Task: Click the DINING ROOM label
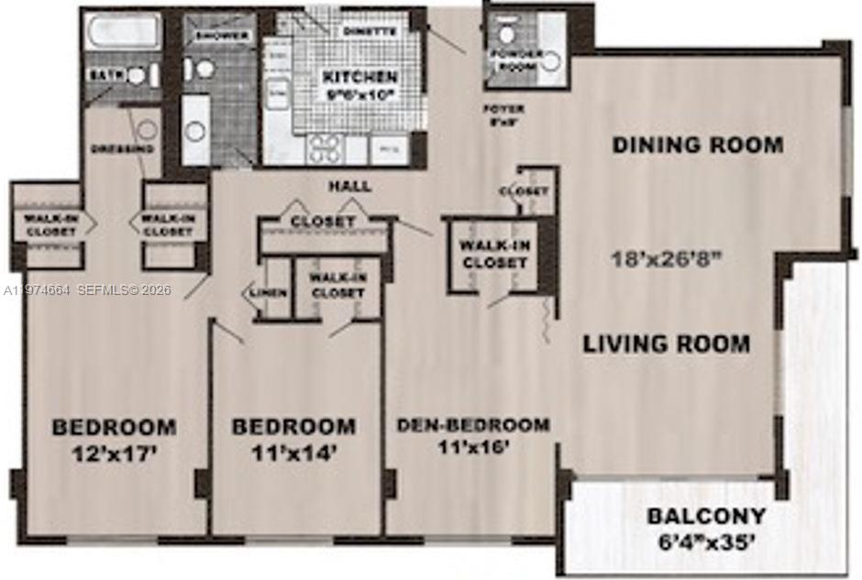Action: (698, 145)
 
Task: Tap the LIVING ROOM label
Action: (667, 345)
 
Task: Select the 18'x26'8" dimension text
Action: (668, 258)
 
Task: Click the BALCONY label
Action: (706, 516)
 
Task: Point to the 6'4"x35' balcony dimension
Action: (702, 542)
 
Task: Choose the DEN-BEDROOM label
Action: (473, 425)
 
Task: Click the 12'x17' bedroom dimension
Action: (114, 452)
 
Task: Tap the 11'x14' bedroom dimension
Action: (293, 452)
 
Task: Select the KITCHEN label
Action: (359, 78)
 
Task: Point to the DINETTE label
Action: (370, 31)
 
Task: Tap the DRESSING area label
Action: (122, 148)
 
